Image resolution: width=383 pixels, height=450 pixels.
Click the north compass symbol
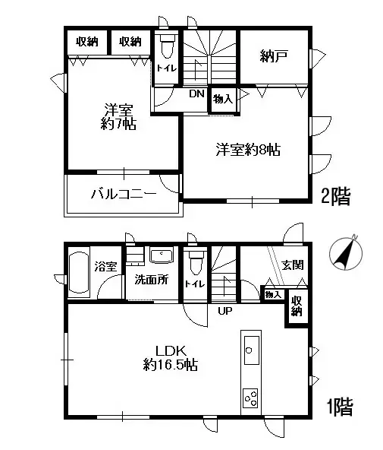click(x=345, y=253)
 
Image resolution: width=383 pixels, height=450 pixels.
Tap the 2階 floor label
click(x=337, y=198)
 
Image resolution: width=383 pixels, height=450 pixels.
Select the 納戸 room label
click(x=274, y=55)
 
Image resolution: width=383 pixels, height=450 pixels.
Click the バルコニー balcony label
click(x=124, y=193)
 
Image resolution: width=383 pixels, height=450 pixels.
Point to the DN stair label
click(x=196, y=94)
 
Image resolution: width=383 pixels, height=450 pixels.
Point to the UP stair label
click(x=225, y=311)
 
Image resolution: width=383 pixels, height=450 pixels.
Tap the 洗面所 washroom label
click(x=151, y=279)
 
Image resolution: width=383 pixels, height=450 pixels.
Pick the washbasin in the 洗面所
click(x=162, y=255)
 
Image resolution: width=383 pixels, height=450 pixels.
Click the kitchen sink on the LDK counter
click(x=251, y=352)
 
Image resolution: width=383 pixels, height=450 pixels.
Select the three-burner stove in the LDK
click(x=251, y=397)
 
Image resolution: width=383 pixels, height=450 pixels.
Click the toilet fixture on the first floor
click(x=196, y=263)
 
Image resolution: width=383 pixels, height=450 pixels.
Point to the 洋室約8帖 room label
click(x=247, y=151)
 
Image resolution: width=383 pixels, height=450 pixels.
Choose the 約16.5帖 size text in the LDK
click(x=172, y=366)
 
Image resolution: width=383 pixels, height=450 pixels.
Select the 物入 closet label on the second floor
click(x=222, y=99)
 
